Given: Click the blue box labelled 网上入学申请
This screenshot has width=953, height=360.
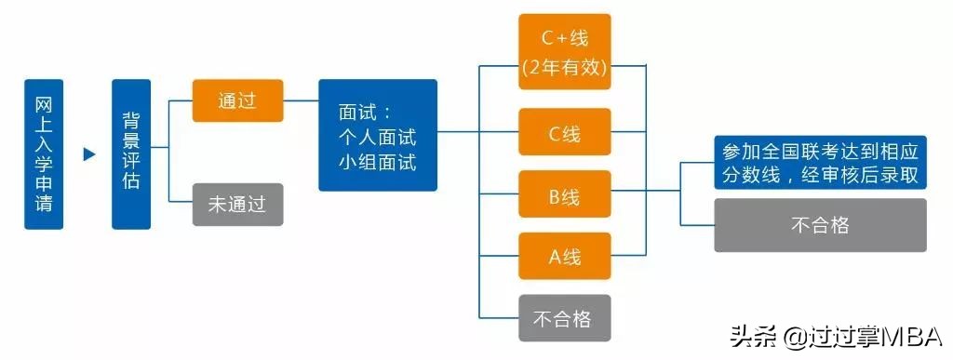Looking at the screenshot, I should [x=44, y=153].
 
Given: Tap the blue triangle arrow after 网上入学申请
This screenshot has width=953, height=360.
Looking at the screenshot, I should [x=89, y=154].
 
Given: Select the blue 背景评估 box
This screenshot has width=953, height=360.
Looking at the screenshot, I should [x=131, y=153].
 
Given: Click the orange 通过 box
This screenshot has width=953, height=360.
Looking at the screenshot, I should [x=237, y=100].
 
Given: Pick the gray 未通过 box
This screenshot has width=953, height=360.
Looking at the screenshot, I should [x=237, y=205].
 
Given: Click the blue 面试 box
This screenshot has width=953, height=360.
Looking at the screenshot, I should [x=377, y=135].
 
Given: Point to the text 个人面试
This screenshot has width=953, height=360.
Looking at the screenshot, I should [x=377, y=137].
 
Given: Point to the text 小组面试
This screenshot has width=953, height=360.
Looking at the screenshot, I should [x=377, y=162].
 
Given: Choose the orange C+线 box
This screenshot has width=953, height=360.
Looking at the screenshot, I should [x=564, y=51].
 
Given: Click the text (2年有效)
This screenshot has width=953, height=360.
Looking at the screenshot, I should [x=564, y=67].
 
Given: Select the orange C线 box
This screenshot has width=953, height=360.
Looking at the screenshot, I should [x=564, y=132].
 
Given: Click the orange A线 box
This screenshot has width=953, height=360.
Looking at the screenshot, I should [x=564, y=256].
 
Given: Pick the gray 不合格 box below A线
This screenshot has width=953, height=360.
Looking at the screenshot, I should [x=564, y=317].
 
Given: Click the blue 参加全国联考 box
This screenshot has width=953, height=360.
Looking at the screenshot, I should [x=820, y=163].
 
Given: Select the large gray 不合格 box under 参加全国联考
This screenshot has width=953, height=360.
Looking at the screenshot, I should [x=820, y=225].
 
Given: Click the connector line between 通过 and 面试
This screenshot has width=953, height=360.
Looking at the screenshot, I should [x=301, y=100].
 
